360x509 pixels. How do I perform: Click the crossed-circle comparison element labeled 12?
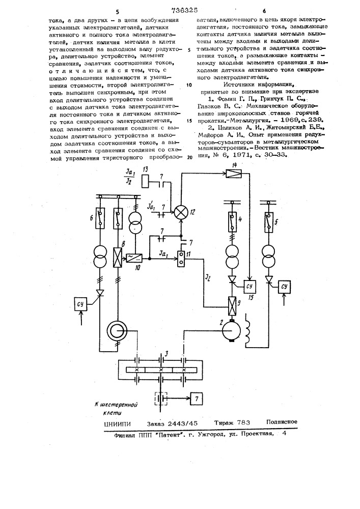[x=181, y=212]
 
